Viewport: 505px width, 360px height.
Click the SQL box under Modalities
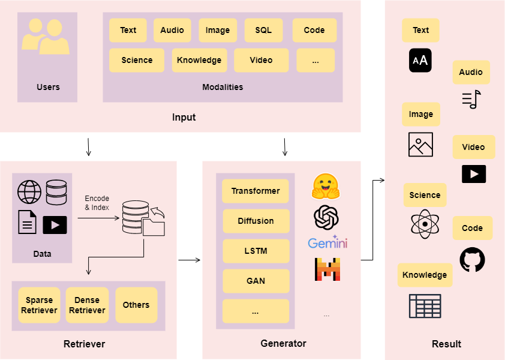[263, 31]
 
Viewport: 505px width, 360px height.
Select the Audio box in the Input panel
[172, 31]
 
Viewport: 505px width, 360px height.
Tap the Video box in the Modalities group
[261, 60]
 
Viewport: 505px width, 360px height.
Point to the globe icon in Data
[29, 192]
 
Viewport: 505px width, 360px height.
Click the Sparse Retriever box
[39, 305]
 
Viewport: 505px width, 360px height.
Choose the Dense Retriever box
[87, 305]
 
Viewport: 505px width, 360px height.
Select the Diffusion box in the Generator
[255, 221]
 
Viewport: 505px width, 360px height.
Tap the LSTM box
[255, 251]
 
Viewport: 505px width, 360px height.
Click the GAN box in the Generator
[255, 281]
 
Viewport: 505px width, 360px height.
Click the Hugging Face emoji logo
[326, 186]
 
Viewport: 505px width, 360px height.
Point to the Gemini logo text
[327, 242]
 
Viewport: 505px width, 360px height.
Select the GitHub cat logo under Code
[472, 259]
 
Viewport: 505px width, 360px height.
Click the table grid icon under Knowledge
[425, 306]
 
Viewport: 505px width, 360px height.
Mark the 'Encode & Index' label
[97, 203]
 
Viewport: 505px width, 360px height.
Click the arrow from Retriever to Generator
[190, 260]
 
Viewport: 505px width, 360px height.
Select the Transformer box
[255, 191]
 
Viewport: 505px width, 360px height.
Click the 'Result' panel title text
[446, 344]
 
